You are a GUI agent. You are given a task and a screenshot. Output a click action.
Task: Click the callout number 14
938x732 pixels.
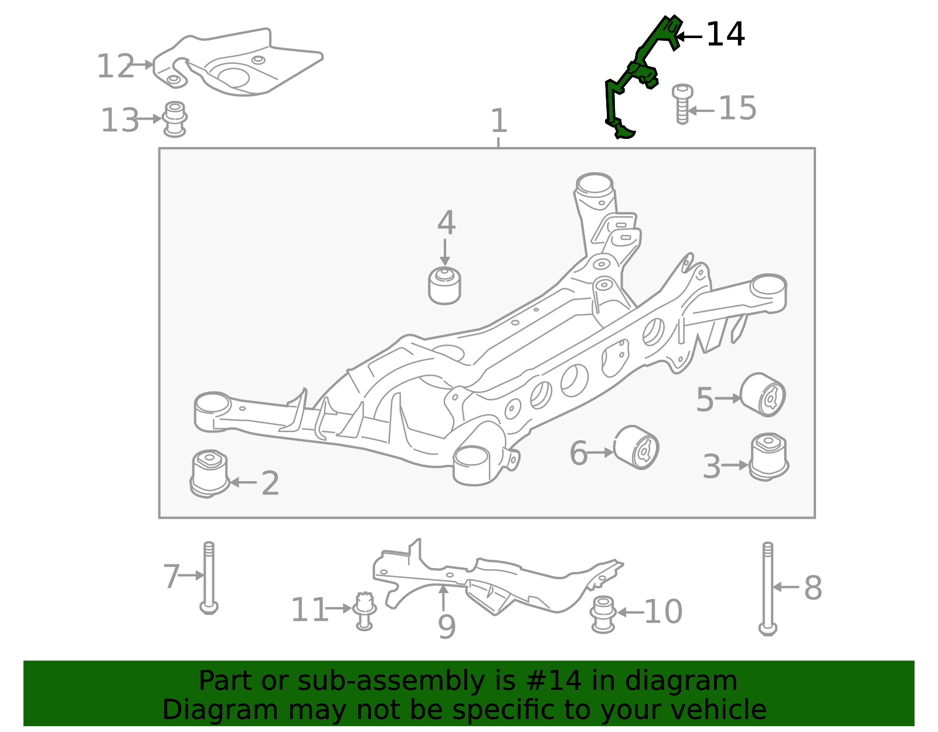click(725, 35)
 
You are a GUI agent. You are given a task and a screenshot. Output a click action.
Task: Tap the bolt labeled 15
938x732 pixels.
click(682, 104)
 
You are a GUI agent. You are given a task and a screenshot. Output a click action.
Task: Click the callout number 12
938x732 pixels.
click(115, 67)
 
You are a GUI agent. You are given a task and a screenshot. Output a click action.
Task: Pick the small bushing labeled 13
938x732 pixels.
click(174, 120)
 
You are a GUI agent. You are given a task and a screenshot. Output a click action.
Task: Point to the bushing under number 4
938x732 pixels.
click(444, 285)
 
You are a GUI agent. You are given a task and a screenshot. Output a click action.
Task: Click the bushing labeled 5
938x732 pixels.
click(763, 394)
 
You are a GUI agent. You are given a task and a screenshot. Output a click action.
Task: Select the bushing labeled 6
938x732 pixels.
click(636, 447)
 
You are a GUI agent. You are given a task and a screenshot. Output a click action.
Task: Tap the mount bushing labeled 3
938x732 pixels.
click(769, 457)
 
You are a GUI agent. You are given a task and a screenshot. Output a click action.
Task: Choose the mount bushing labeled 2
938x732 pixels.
click(210, 474)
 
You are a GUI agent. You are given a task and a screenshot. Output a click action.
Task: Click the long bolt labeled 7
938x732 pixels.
click(209, 578)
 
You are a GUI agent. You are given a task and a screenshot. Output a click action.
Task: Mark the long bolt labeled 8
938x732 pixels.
click(767, 588)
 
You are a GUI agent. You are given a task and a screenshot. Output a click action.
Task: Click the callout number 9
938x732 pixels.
click(447, 627)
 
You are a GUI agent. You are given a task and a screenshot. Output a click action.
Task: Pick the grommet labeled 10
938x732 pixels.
click(603, 614)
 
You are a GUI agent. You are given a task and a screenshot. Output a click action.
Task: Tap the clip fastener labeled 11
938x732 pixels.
click(364, 611)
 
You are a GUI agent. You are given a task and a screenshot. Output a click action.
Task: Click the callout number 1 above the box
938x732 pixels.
click(498, 121)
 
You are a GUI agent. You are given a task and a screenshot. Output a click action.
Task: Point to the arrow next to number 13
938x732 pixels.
click(149, 118)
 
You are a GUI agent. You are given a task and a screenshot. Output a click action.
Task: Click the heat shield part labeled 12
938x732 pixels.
click(237, 63)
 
